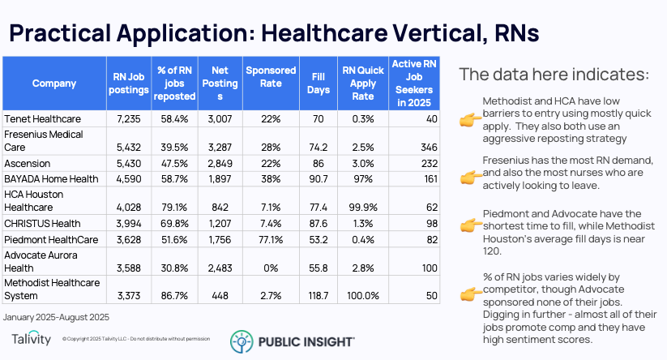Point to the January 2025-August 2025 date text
click(x=56, y=316)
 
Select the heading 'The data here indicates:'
click(x=554, y=75)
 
